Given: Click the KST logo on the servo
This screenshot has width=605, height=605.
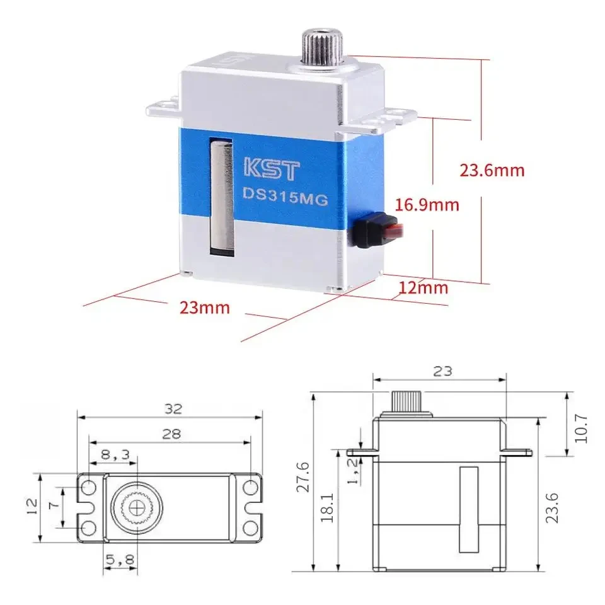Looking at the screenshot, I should [272, 168].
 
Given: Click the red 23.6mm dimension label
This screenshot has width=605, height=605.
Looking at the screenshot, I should [492, 170].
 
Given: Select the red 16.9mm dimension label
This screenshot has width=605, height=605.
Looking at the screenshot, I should [427, 205].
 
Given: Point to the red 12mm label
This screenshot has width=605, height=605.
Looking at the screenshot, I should [423, 288].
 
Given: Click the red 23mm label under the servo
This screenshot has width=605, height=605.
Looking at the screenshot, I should [205, 308].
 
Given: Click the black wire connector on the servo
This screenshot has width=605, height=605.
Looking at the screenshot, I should [366, 234].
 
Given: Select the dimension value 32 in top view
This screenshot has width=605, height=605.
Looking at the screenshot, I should [173, 408].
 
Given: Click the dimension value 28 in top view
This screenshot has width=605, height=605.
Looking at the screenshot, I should [172, 434].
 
